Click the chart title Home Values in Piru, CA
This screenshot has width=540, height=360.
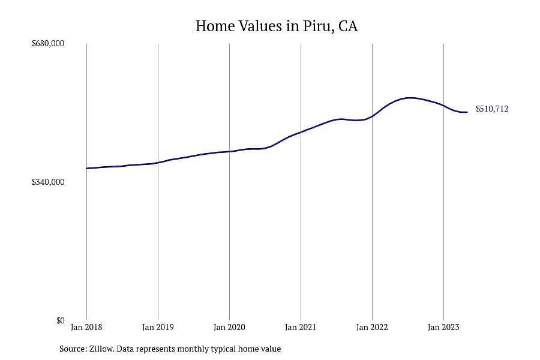[277, 26]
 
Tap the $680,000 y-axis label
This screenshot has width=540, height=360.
[48, 43]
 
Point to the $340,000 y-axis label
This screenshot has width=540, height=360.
[48, 182]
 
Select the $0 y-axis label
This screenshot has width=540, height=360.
[60, 320]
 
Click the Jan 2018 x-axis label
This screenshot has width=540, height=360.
[86, 327]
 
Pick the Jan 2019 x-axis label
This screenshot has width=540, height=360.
[158, 327]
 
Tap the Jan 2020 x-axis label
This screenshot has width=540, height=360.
[229, 327]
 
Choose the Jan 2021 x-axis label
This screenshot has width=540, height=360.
[301, 327]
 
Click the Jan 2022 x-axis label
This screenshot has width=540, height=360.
[372, 327]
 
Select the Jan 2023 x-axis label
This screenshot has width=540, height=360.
[443, 327]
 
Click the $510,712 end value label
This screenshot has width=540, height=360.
[492, 109]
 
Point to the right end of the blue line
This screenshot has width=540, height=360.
[467, 112]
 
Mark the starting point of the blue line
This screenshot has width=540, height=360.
[86, 169]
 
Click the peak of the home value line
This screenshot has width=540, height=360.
[410, 98]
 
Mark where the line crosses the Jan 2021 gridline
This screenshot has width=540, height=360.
[301, 132]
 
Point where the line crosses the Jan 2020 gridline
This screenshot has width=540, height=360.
[229, 151]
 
